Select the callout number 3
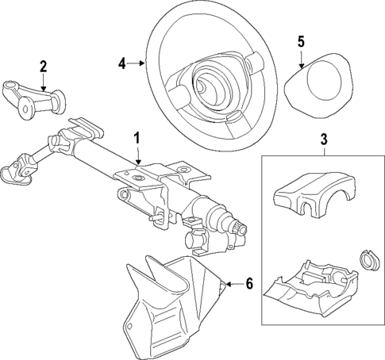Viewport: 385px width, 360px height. click(323, 141)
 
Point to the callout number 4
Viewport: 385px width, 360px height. click(121, 61)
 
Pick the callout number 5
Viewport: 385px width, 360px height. click(300, 40)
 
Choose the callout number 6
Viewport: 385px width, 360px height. click(248, 284)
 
